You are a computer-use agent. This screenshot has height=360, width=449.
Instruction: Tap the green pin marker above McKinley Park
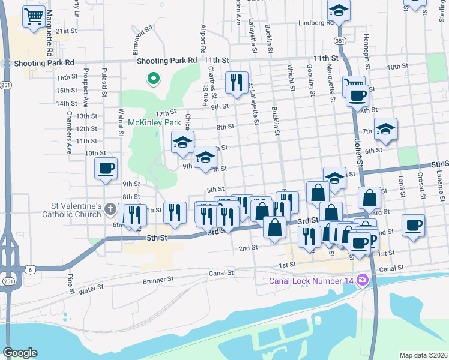pos(153,78)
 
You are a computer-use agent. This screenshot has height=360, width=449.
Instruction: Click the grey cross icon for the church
pos(110,209)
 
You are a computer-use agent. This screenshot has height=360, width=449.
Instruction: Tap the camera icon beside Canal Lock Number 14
pos(361,280)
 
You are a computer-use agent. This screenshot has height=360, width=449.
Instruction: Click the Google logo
pos(20,353)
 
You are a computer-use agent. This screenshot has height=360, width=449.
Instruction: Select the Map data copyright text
pos(423,355)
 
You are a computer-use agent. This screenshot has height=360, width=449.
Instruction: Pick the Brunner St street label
pos(158,279)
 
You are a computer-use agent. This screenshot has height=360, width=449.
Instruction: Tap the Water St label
pos(91,289)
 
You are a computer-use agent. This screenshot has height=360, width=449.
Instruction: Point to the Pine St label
pos(71,280)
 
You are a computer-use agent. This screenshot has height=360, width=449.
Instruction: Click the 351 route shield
pos(340,40)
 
